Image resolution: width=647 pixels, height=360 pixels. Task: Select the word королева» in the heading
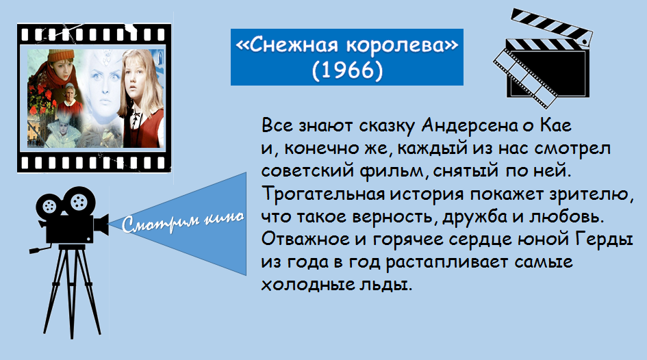pyautogui.click(x=403, y=45)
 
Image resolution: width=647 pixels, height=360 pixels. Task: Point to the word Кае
pyautogui.click(x=556, y=125)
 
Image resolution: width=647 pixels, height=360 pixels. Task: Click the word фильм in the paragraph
pyautogui.click(x=391, y=170)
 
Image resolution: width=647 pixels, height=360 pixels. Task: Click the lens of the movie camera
pyautogui.click(x=101, y=224)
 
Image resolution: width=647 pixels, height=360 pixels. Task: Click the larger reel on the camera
pyautogui.click(x=78, y=202)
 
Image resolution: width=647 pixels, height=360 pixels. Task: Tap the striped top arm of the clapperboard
pyautogui.click(x=552, y=25)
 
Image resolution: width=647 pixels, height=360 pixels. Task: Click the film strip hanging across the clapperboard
pyautogui.click(x=524, y=78)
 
